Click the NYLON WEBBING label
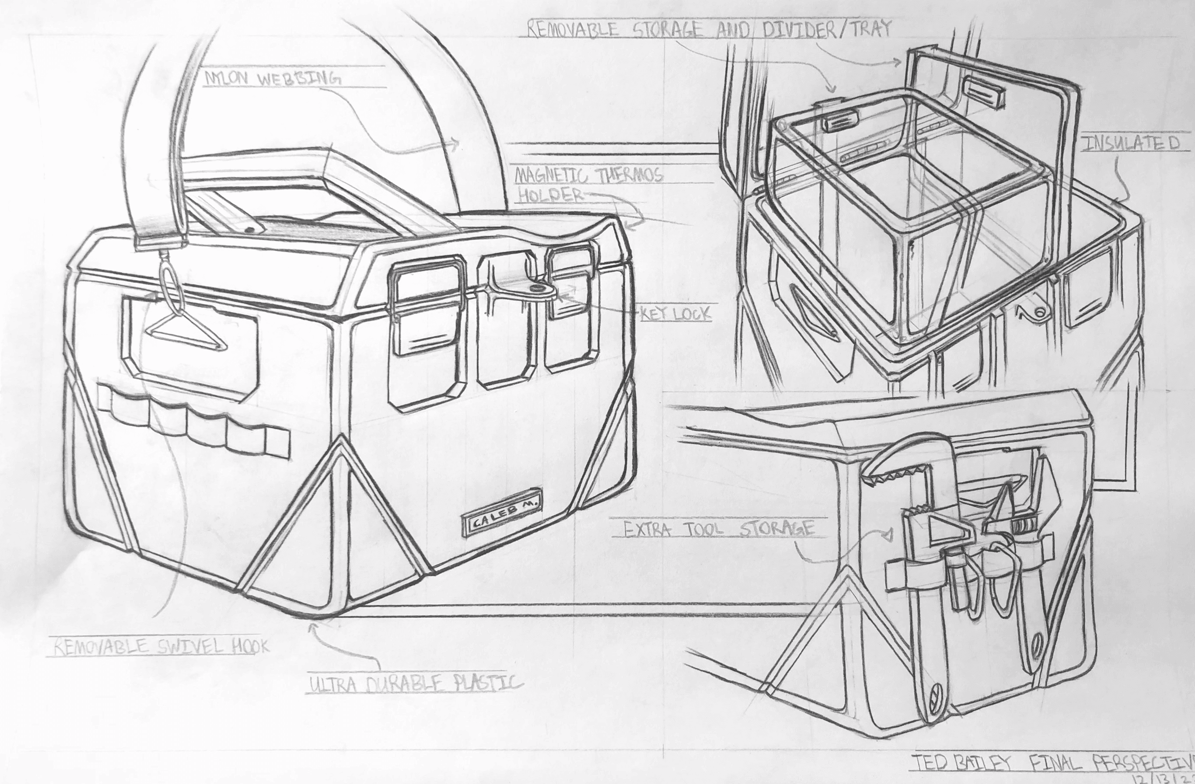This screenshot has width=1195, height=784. tap(272, 79)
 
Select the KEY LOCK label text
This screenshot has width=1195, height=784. tap(675, 314)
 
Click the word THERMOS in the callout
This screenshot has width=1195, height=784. tap(630, 176)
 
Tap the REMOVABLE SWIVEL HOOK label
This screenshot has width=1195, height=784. tap(161, 647)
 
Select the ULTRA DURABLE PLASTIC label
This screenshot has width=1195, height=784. tap(415, 684)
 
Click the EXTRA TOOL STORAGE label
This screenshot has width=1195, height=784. tap(718, 529)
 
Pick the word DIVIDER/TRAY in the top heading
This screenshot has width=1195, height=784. tap(826, 29)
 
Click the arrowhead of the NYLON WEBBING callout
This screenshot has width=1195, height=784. tap(455, 144)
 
